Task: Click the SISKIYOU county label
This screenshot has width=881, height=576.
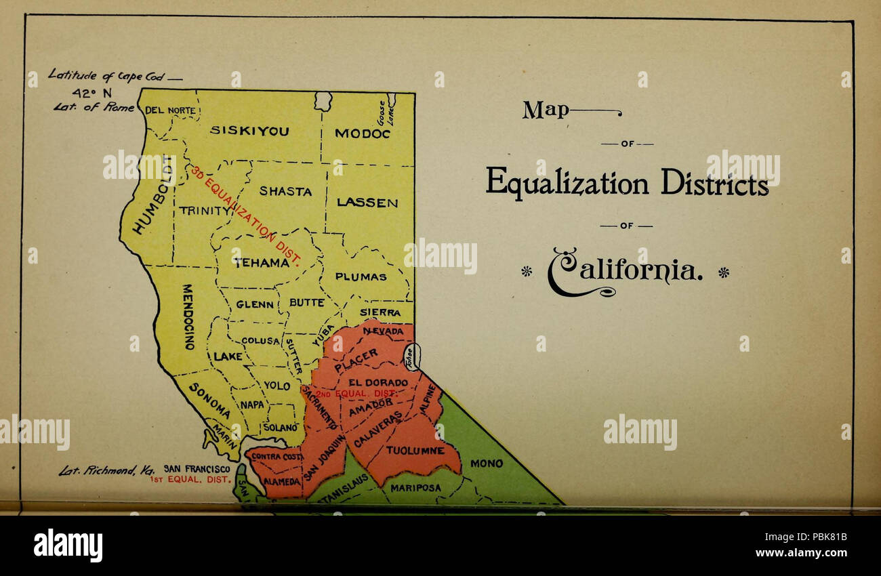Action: pos(249,131)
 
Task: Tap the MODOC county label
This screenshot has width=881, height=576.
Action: pos(363,133)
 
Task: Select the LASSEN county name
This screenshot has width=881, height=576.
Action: pos(367,203)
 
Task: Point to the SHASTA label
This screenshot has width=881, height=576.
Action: pos(285,192)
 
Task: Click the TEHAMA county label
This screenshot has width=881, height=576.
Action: pos(262,263)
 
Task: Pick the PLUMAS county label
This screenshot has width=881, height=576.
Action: pos(361,276)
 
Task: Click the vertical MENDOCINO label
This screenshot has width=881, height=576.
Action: pos(189,316)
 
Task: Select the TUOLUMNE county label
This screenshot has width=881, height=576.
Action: pos(415,450)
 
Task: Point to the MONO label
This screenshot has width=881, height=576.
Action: pos(487,464)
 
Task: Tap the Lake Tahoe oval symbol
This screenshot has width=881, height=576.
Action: pos(411,356)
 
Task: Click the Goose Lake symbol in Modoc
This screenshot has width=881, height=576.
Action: pos(391,101)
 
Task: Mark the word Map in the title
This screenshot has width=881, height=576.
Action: pos(546,110)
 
